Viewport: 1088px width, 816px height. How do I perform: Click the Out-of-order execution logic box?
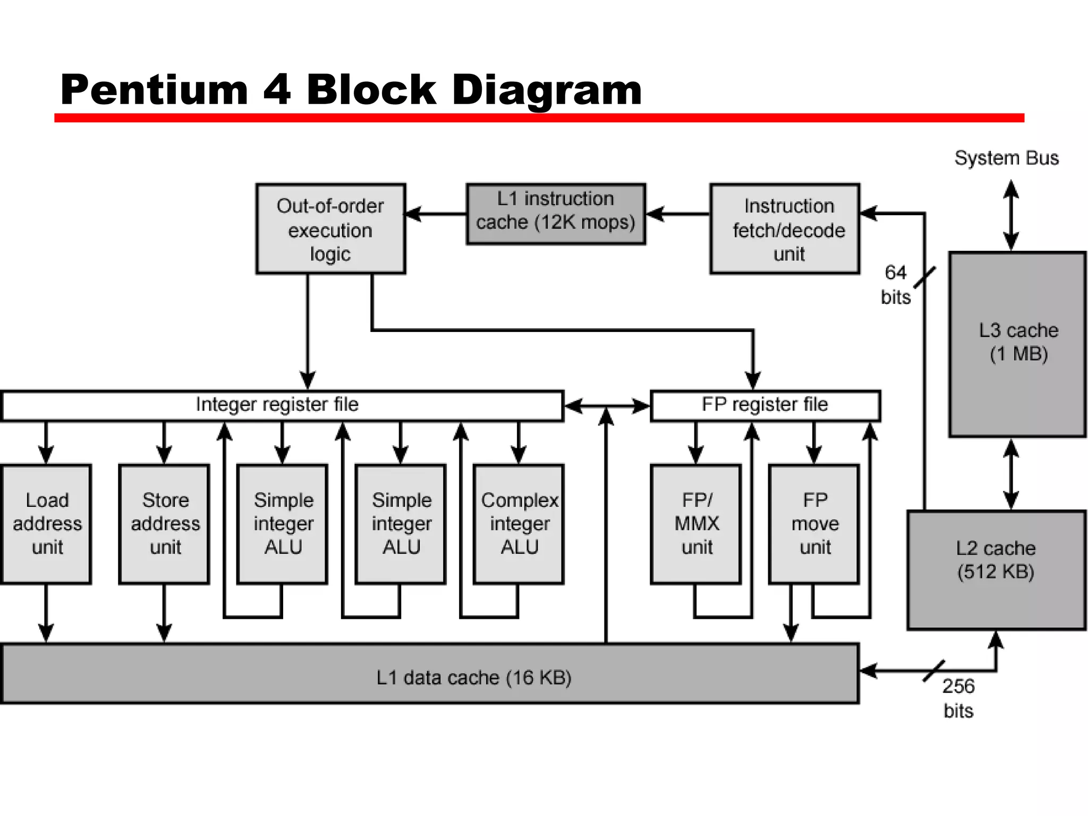click(330, 229)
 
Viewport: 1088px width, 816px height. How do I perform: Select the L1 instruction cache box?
click(556, 214)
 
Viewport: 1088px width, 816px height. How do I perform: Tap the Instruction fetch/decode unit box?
click(785, 229)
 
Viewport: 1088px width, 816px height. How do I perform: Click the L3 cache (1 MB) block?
click(1017, 344)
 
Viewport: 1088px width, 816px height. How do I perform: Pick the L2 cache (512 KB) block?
click(996, 570)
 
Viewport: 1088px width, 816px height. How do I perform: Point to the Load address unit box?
click(47, 524)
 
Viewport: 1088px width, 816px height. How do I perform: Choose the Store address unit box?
click(165, 524)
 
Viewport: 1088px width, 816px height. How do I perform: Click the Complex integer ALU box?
click(518, 524)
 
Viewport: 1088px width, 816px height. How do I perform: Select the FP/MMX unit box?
click(696, 524)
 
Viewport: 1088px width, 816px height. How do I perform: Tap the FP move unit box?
click(814, 524)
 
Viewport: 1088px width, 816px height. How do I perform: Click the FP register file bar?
click(765, 406)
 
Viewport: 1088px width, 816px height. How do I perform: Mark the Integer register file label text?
click(277, 405)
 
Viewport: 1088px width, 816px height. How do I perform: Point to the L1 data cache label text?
click(473, 678)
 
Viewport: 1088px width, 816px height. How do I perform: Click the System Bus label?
click(1006, 158)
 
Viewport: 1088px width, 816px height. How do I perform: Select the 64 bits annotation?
click(896, 285)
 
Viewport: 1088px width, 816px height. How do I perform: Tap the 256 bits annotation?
click(958, 698)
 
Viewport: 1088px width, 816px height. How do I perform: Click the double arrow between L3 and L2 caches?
click(1011, 474)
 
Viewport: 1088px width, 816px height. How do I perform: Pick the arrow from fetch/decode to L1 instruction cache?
click(678, 214)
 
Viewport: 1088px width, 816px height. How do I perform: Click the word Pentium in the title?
click(154, 90)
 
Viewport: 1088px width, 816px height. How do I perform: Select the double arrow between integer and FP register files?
click(607, 406)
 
